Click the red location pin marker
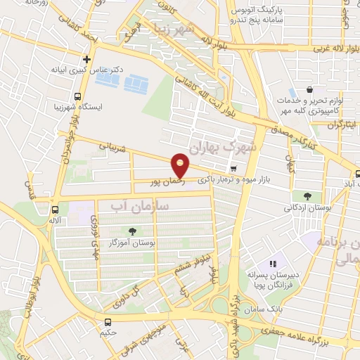180,166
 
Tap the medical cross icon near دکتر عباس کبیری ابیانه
86,60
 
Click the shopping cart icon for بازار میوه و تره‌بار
233,168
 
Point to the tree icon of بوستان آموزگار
132,231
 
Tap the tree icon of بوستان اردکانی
307,195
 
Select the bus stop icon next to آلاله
55,209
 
